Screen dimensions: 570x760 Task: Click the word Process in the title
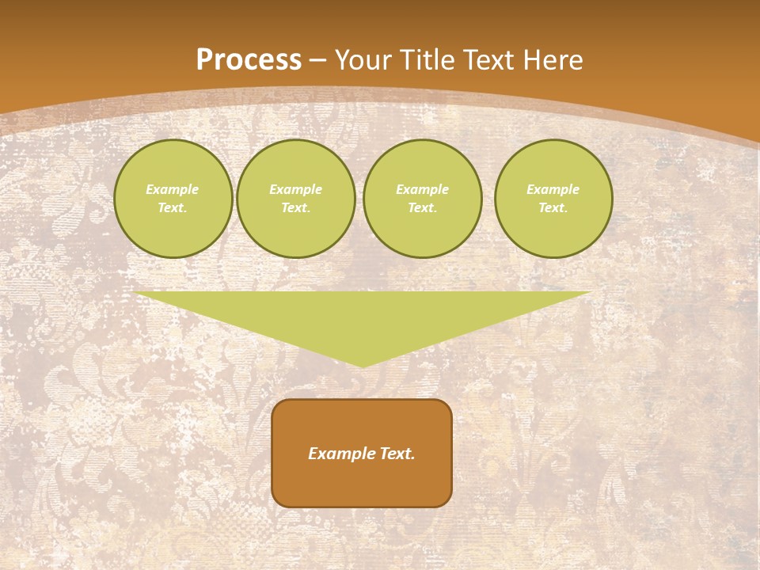pyautogui.click(x=249, y=60)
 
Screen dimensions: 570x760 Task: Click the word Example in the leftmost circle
pyautogui.click(x=173, y=189)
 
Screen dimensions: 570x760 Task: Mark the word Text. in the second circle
pyautogui.click(x=295, y=208)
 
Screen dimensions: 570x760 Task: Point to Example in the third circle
pyautogui.click(x=422, y=189)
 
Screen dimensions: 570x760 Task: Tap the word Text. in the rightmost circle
pyautogui.click(x=553, y=208)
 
